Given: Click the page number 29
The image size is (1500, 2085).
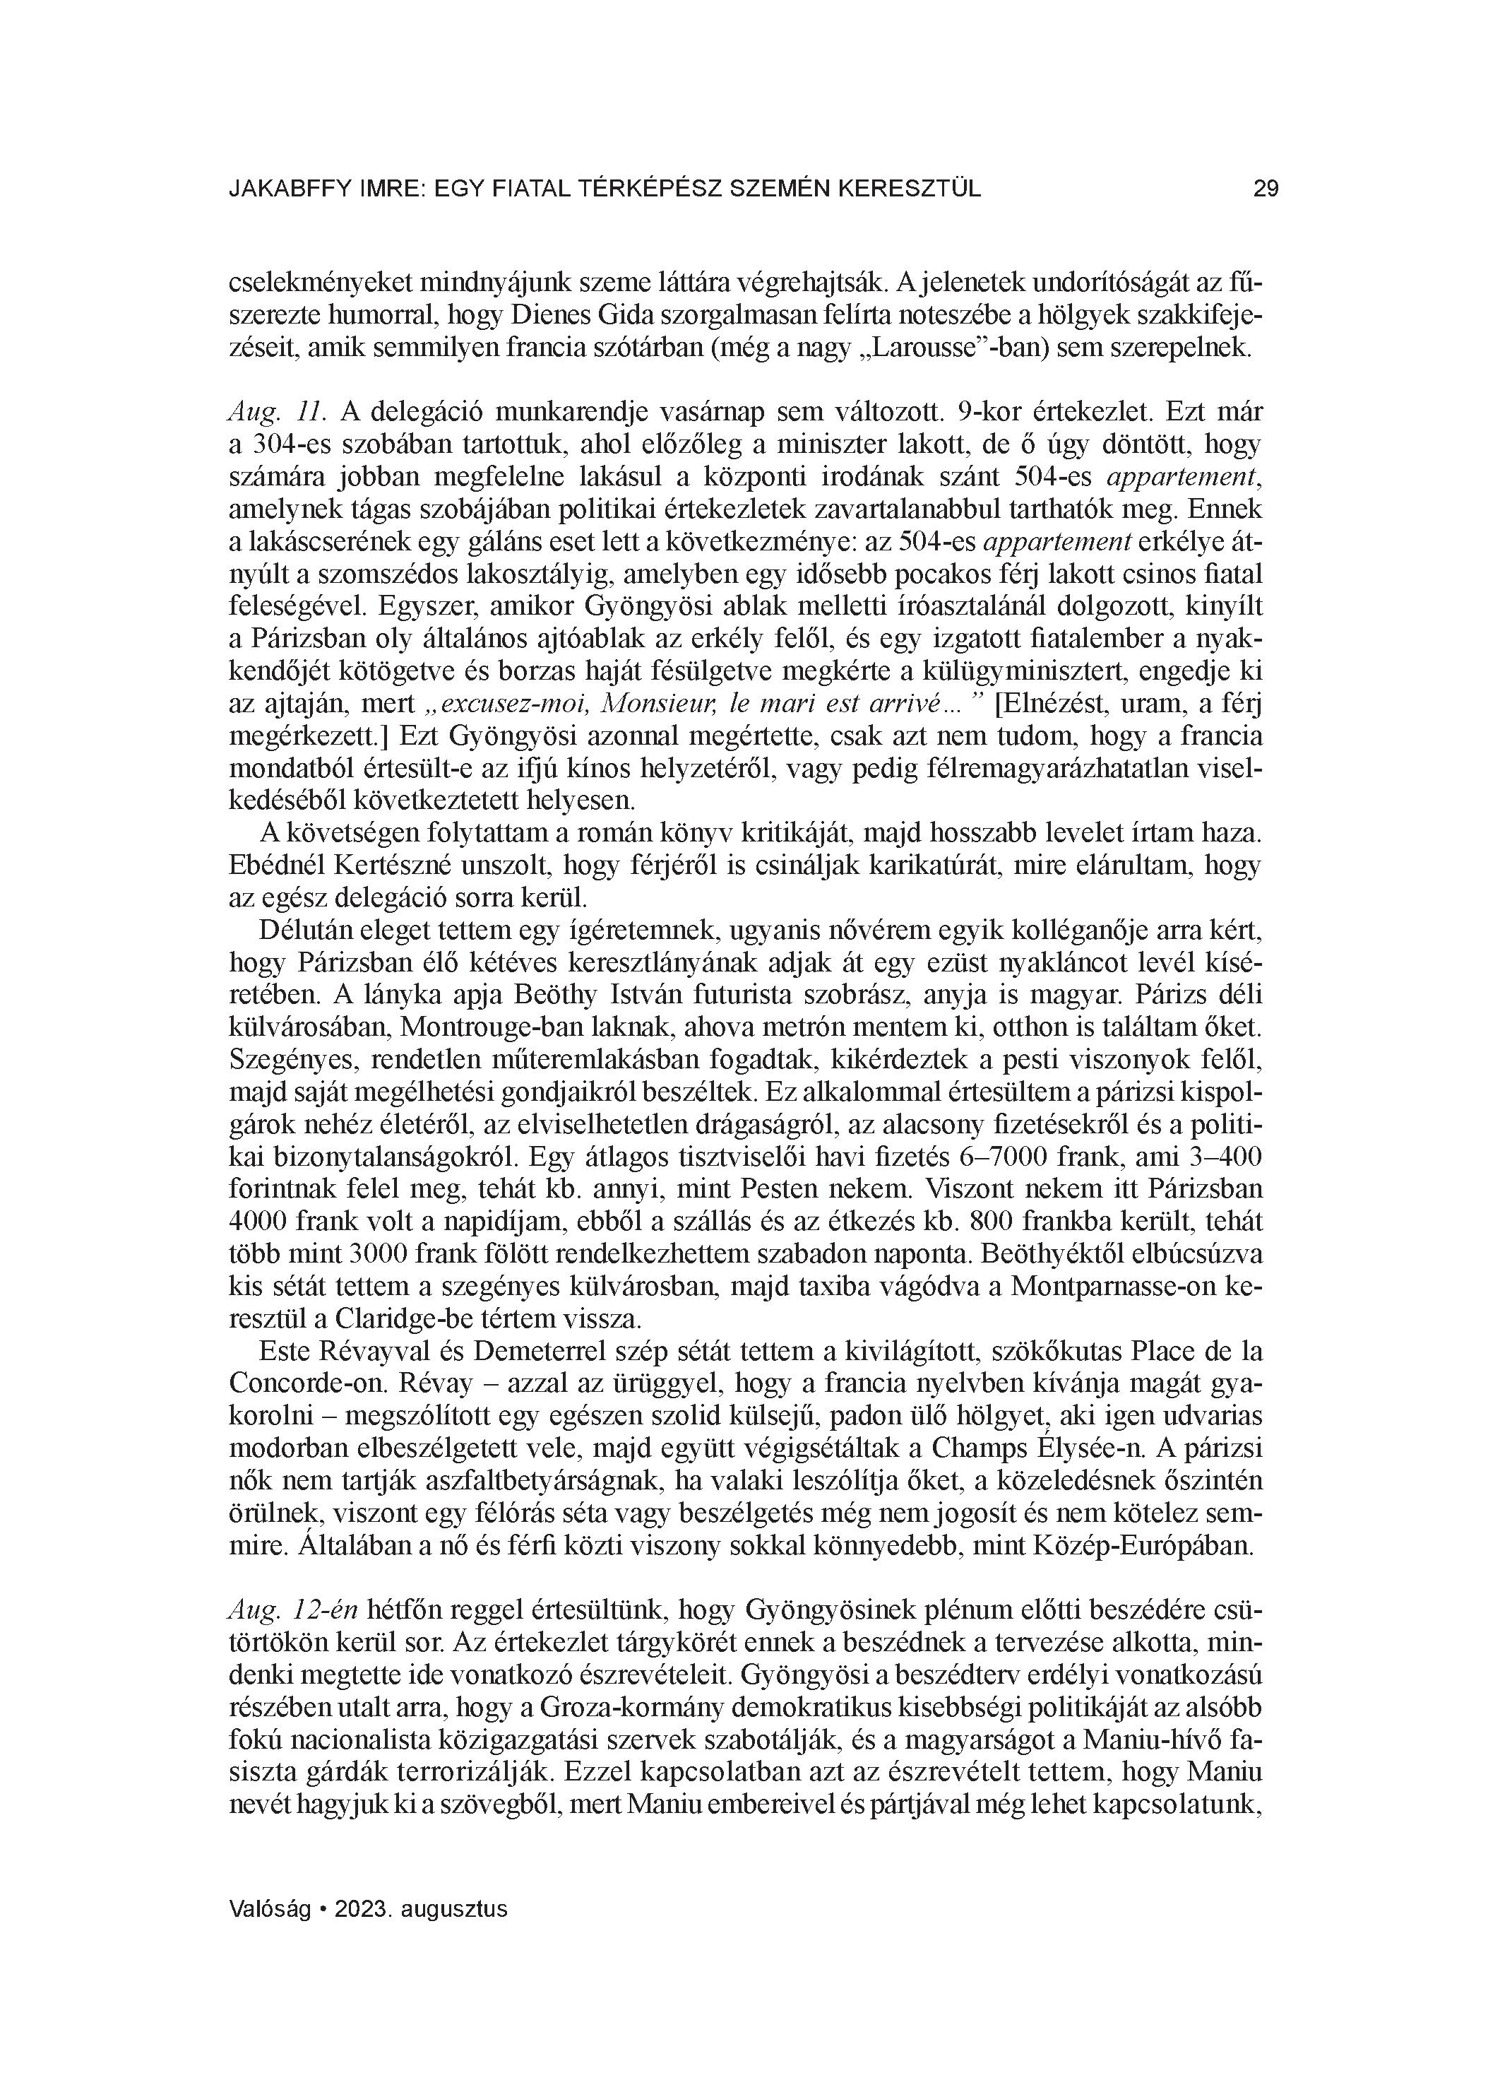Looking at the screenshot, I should tap(1266, 189).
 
